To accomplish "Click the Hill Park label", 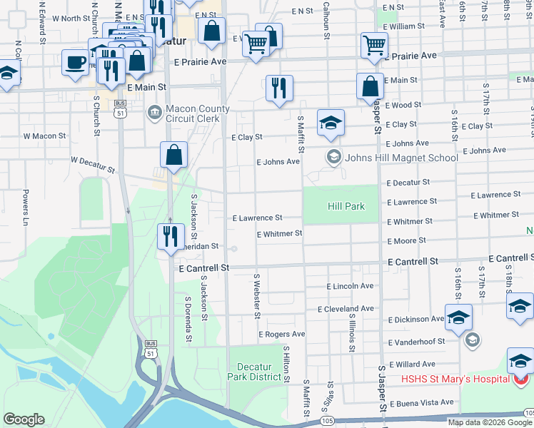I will pyautogui.click(x=346, y=206).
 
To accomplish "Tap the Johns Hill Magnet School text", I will pyautogui.click(x=401, y=158).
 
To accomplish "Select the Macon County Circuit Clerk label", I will pyautogui.click(x=198, y=113).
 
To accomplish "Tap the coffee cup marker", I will pyautogui.click(x=75, y=63).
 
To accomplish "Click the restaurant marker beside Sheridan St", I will pyautogui.click(x=171, y=236).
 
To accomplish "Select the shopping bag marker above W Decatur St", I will pyautogui.click(x=174, y=156).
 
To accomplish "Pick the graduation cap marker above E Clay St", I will pyautogui.click(x=331, y=123).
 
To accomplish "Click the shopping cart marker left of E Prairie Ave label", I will pyautogui.click(x=374, y=46).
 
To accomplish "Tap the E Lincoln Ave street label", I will pyautogui.click(x=350, y=286).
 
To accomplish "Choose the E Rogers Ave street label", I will pyautogui.click(x=281, y=334).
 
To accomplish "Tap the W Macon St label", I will pyautogui.click(x=44, y=136).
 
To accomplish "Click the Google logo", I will pyautogui.click(x=24, y=419).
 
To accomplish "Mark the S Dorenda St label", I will pyautogui.click(x=188, y=320).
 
